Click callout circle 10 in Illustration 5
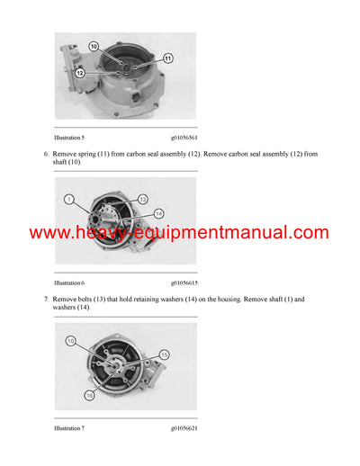[x=94, y=45]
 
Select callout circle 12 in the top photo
[x=80, y=72]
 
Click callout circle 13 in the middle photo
[x=142, y=199]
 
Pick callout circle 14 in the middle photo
[x=158, y=213]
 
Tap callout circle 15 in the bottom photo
[x=163, y=356]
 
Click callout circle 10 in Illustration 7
[x=71, y=342]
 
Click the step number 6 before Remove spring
[x=45, y=154]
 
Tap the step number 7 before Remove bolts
[x=45, y=299]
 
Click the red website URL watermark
[x=179, y=233]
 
